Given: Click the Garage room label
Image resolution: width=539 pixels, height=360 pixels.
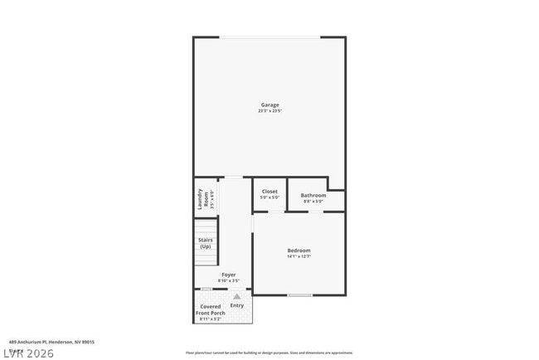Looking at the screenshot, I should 269,105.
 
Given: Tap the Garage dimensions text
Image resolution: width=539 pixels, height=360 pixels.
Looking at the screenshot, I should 269,111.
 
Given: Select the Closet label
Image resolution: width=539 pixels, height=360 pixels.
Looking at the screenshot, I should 269,191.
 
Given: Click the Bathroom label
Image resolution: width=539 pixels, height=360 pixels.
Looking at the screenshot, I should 313,195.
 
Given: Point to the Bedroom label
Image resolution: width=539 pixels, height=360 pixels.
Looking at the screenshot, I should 299,250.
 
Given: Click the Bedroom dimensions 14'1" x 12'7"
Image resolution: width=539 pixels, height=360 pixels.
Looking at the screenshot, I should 299,256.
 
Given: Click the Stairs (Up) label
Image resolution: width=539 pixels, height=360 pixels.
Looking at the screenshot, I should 205,243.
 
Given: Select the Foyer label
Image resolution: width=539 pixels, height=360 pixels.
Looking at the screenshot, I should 228,275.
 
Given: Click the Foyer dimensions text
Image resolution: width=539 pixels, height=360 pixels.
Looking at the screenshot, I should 228,280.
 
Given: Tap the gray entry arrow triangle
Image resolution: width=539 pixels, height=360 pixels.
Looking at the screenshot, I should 236,296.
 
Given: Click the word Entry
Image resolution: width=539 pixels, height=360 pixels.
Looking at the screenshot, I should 236,306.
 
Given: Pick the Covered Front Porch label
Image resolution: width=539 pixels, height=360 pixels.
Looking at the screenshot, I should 211,309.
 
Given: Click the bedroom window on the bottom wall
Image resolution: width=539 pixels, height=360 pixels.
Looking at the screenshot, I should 299,295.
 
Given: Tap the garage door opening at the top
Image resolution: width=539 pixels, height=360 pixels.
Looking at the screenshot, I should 269,37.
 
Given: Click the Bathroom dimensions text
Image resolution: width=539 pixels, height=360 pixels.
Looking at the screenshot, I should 313,202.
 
